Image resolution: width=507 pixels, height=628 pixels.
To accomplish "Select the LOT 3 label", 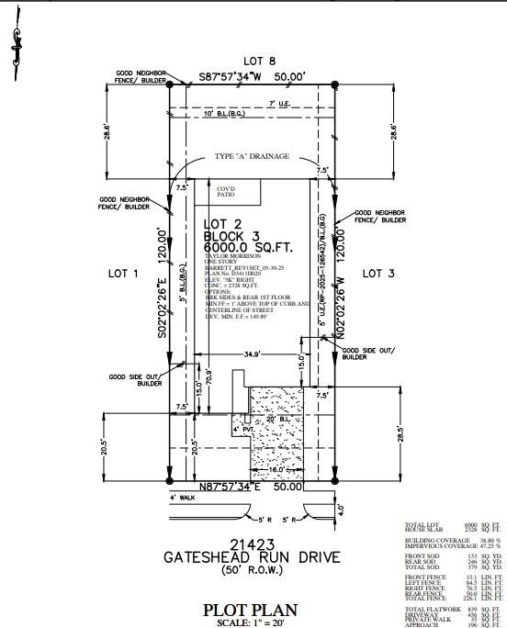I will (x=377, y=273).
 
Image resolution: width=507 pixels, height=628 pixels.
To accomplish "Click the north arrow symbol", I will (x=15, y=39).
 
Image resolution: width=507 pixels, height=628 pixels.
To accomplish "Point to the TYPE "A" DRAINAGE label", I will (x=252, y=157).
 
